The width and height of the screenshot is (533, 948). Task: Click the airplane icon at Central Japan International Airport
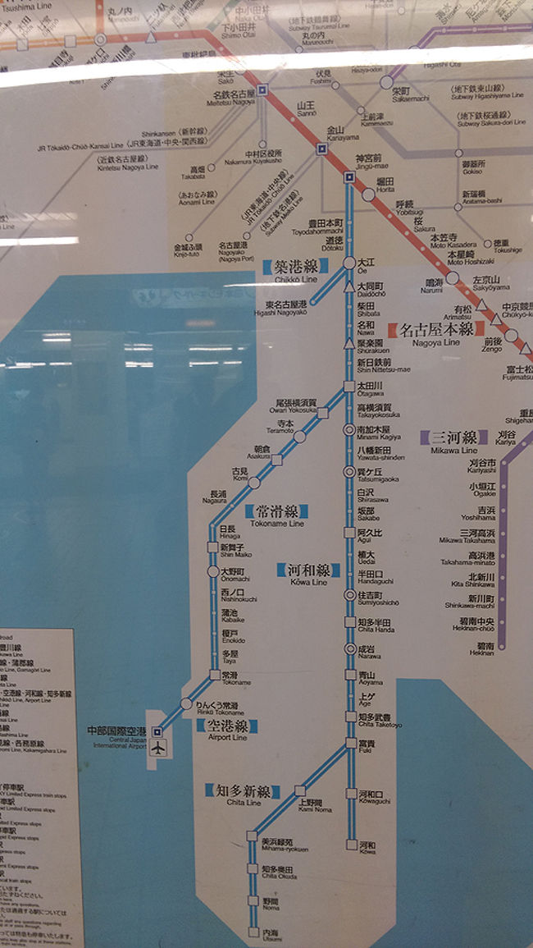click(158, 749)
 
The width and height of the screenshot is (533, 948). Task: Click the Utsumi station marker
click(253, 932)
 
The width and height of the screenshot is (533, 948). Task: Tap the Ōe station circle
click(349, 263)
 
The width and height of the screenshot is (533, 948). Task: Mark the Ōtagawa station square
click(349, 386)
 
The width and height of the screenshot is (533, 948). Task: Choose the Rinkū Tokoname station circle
click(186, 703)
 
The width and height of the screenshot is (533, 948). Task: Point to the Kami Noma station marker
click(300, 790)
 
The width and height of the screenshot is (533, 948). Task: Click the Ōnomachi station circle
click(213, 571)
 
